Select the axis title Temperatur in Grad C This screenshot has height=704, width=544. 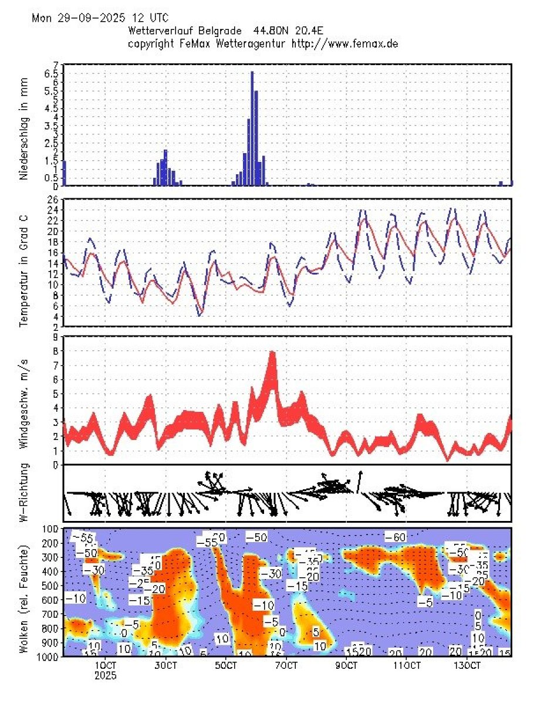click(x=24, y=263)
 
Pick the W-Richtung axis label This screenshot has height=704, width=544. click(x=24, y=493)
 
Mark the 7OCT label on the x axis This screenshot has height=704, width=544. click(x=286, y=666)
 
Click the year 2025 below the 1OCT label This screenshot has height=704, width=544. click(x=106, y=675)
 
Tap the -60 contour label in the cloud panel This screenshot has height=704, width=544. click(x=396, y=536)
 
